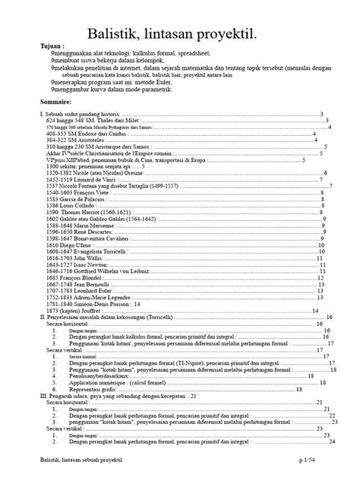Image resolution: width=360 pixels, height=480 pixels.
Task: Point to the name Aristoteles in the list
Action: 79,141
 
